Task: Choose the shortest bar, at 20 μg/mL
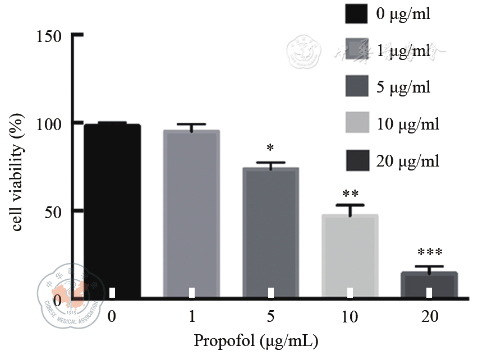(x=429, y=285)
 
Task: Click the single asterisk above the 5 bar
(x=270, y=149)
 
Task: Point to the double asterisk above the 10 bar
(x=350, y=195)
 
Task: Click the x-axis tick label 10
(x=350, y=317)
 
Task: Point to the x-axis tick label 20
(x=429, y=317)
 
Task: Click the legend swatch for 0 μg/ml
(x=356, y=13)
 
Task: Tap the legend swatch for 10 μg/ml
(x=356, y=123)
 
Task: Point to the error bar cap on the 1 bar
(x=191, y=124)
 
